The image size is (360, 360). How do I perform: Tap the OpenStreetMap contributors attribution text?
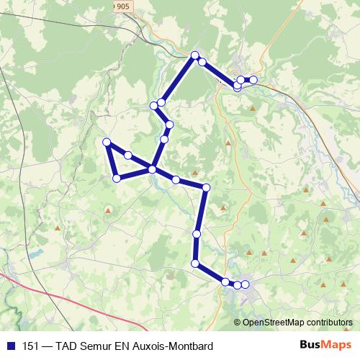(x=297, y=323)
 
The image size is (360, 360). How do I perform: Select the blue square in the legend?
(x=11, y=346)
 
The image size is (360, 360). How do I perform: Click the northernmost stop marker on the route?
(x=194, y=55)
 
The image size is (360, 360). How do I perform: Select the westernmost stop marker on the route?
(x=107, y=142)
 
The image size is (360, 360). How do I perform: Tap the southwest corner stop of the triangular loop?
(x=116, y=177)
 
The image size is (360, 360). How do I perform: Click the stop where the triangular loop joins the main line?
(x=152, y=169)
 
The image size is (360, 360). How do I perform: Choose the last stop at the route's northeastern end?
(x=253, y=79)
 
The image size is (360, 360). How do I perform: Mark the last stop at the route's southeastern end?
(x=246, y=285)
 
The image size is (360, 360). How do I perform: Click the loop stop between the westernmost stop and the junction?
(x=127, y=155)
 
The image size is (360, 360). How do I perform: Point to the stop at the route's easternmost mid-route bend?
(x=206, y=188)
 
